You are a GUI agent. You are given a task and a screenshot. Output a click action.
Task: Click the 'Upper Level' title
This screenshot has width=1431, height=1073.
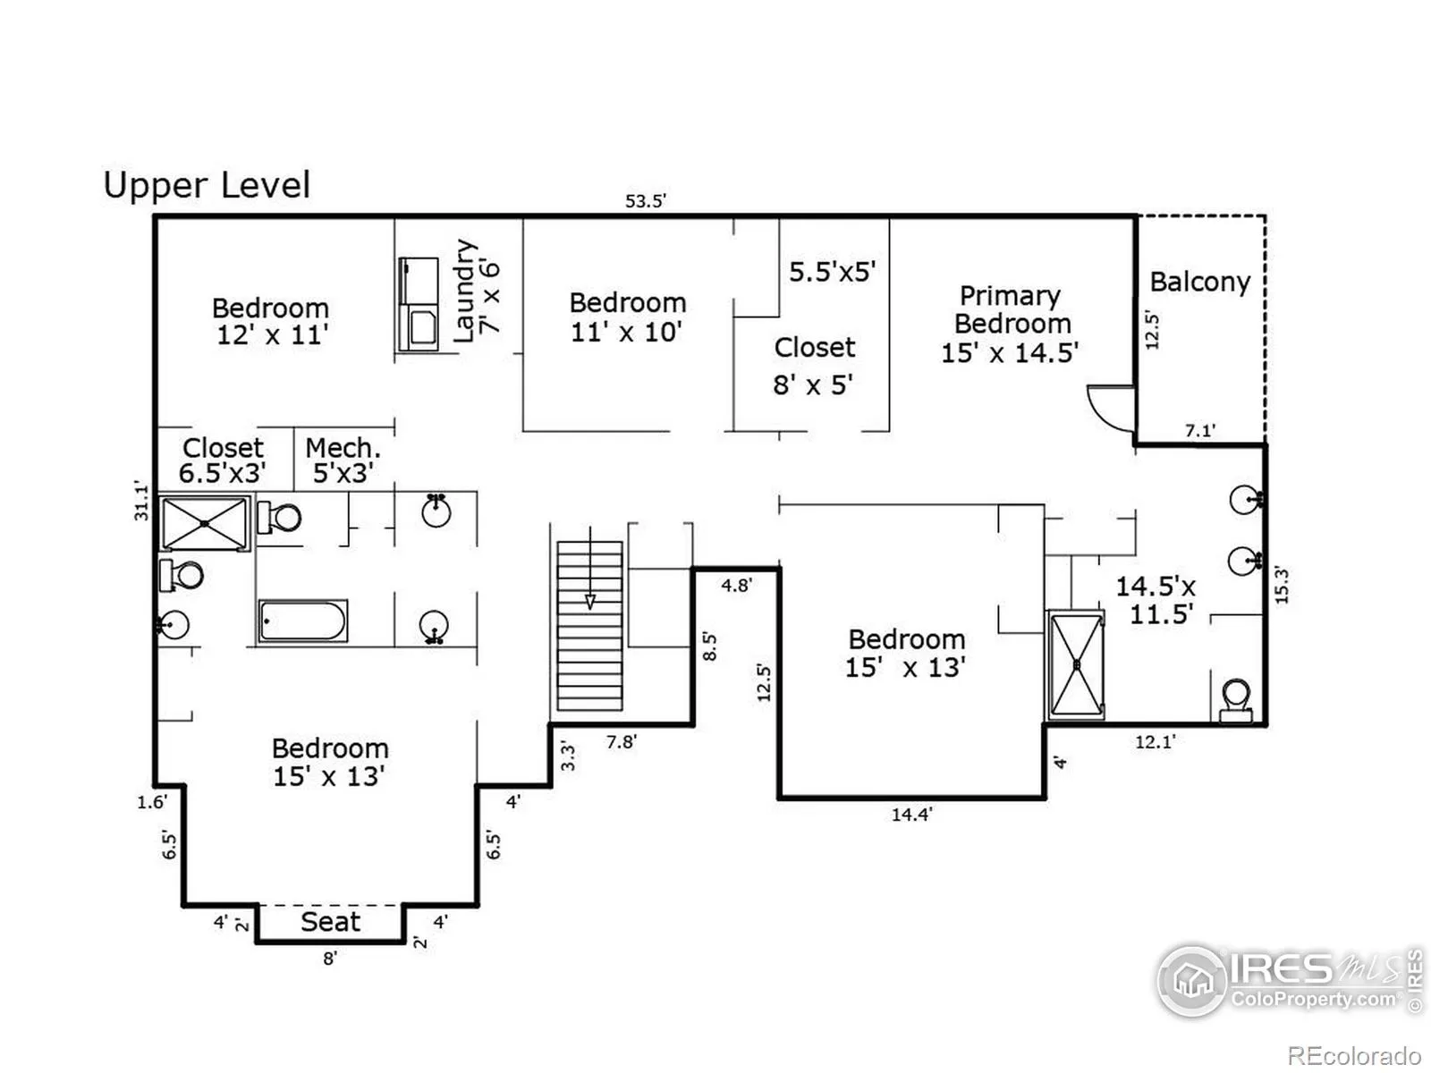point(207,185)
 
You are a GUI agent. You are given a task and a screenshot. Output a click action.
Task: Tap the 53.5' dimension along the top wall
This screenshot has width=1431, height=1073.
point(646,200)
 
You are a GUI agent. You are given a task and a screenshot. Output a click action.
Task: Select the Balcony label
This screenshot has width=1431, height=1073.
point(1199,283)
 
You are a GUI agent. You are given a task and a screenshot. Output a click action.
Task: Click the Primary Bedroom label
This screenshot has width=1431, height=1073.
point(1010,324)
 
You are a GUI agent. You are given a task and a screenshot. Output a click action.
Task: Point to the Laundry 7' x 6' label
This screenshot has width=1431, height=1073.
point(477,291)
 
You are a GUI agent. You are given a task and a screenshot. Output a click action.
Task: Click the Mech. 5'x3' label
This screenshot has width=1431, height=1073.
point(343,460)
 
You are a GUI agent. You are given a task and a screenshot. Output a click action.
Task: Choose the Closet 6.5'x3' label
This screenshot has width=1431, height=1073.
point(223,460)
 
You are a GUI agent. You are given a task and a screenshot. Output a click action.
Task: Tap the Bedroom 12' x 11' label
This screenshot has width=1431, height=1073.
point(271,322)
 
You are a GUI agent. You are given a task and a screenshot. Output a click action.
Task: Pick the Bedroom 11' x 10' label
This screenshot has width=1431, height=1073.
point(627,317)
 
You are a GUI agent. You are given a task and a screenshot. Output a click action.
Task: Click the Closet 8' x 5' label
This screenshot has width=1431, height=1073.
point(814,366)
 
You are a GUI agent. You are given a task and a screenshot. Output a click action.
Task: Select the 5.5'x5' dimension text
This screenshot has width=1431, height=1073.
point(833,272)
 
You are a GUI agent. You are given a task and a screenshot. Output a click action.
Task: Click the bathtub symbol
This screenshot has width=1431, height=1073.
point(302,621)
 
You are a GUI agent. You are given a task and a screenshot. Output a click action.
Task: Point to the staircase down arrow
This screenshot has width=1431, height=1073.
point(590,568)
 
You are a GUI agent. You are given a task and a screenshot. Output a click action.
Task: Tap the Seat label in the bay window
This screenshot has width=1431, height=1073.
point(331,922)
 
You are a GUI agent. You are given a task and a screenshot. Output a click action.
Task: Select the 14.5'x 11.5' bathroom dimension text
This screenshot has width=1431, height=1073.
point(1156,600)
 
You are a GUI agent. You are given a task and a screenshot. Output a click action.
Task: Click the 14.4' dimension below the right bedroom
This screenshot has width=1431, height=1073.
point(912,815)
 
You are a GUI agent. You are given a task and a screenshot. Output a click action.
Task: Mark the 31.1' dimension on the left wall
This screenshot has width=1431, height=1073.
point(141,502)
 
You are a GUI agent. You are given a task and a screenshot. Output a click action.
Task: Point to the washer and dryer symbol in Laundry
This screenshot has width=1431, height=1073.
point(419,304)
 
